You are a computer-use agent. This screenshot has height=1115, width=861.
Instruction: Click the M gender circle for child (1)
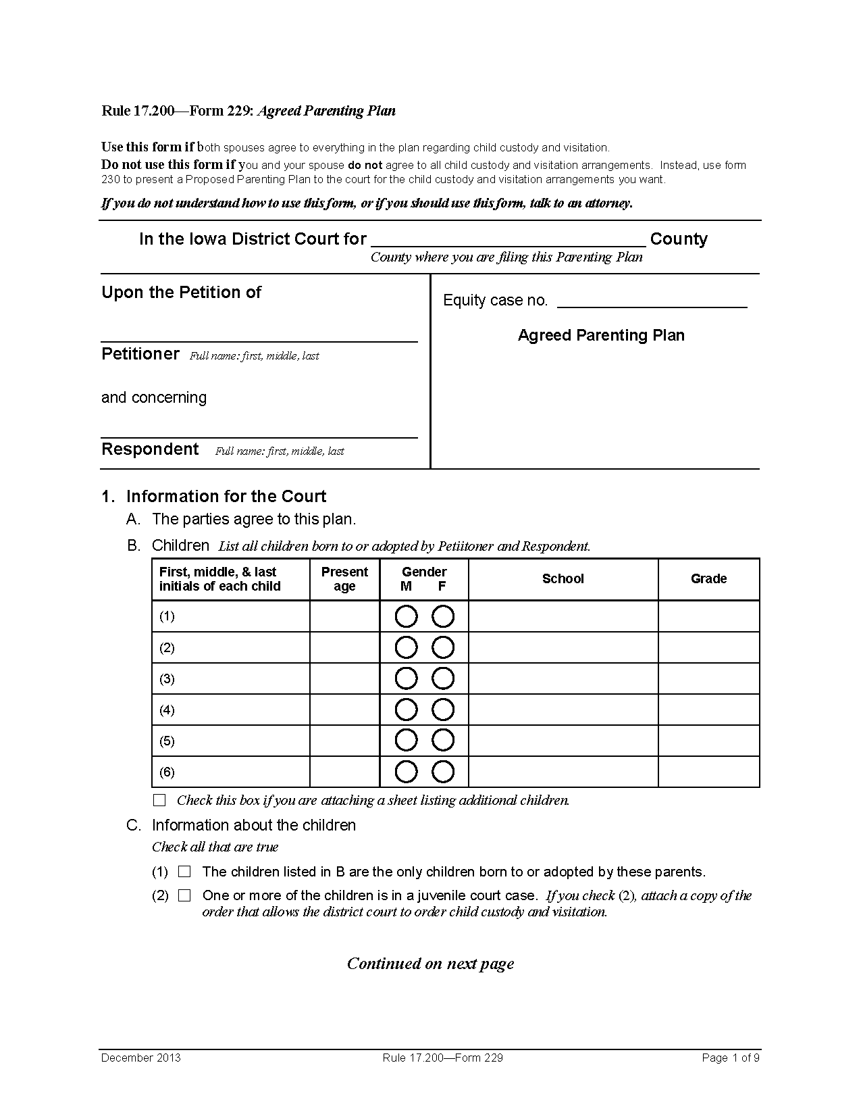[406, 616]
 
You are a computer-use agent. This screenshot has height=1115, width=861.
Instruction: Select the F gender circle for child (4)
[443, 710]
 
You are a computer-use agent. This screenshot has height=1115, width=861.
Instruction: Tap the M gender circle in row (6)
[406, 772]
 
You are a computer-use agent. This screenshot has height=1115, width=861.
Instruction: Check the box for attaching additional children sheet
[159, 800]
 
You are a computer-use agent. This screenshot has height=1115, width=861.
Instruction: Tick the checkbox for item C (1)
[184, 872]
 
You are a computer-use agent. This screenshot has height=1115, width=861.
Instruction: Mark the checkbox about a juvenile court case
[184, 895]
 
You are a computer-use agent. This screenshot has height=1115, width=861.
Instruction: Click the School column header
[563, 579]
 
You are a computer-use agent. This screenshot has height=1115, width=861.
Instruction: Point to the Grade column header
[708, 579]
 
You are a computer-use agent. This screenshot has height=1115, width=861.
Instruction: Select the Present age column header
[344, 579]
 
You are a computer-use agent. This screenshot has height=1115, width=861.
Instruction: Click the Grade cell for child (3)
[708, 678]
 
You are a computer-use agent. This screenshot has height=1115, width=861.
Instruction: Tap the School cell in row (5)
[563, 741]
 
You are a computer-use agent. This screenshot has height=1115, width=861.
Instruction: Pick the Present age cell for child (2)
[344, 647]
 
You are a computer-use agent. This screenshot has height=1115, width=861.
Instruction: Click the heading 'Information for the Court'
[226, 497]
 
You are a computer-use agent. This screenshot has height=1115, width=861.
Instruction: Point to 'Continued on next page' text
[430, 964]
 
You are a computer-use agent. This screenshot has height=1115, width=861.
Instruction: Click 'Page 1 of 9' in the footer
[731, 1058]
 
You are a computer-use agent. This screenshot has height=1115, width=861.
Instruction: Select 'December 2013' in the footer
[141, 1058]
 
